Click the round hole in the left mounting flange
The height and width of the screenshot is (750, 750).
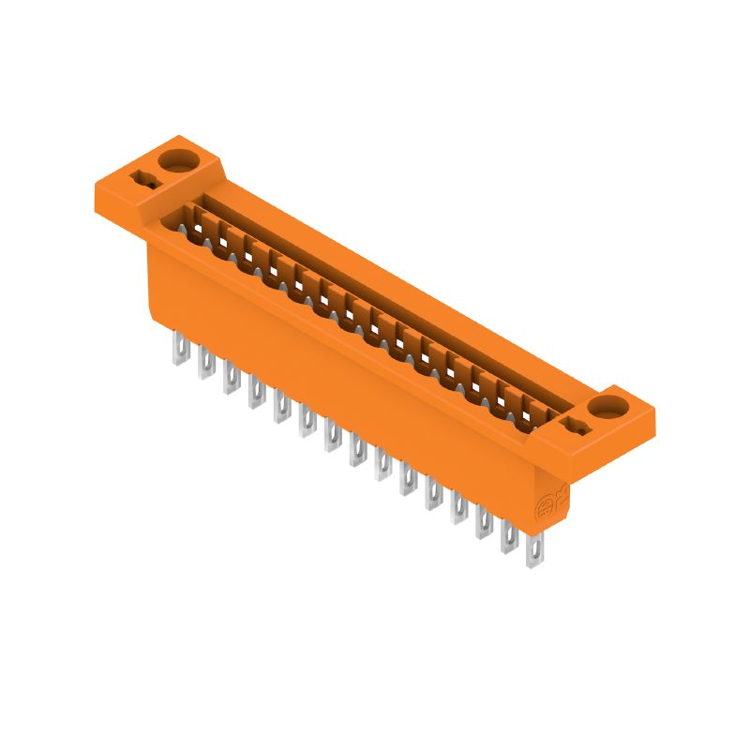(176, 156)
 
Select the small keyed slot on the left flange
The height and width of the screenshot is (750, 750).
(145, 179)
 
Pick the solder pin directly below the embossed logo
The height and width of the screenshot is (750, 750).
(534, 554)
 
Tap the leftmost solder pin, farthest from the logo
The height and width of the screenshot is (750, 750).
(178, 352)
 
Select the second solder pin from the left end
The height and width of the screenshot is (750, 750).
(203, 366)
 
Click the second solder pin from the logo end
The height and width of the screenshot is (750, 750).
(509, 539)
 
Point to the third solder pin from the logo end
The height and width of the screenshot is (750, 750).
(484, 525)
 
